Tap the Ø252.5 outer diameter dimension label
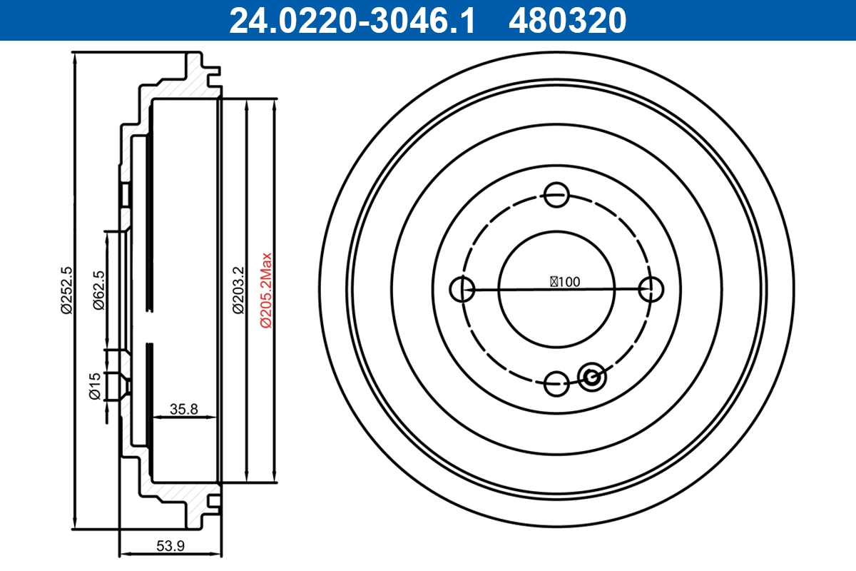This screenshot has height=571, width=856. point(67,290)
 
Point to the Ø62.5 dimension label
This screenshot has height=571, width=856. point(99,290)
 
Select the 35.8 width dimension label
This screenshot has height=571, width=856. point(183,409)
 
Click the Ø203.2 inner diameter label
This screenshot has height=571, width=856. point(238,290)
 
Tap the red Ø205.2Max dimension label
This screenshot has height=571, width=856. point(265,290)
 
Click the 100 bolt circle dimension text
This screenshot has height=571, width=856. point(565,281)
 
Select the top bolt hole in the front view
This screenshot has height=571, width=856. point(556,194)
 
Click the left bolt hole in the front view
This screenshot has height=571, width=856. point(463,289)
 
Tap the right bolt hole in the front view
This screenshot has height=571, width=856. point(650,289)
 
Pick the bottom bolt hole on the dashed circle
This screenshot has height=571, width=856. point(556,383)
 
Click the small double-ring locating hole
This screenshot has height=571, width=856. point(591,377)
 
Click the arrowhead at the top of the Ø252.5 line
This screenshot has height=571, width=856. point(75,57)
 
